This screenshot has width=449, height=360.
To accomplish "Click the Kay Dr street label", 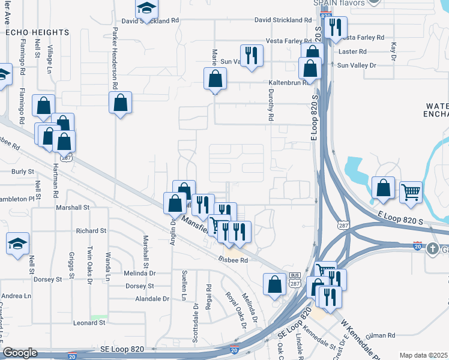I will click(x=394, y=52).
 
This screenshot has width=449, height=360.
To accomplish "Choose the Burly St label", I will click(x=22, y=172).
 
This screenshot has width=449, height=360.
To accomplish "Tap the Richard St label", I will click(x=91, y=230).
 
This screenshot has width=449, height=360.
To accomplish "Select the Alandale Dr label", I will click(x=153, y=299).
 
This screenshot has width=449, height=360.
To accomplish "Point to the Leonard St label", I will click(x=89, y=323).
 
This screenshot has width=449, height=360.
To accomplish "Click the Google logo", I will click(x=20, y=353).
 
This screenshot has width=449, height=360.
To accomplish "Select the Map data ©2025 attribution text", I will click(x=423, y=355).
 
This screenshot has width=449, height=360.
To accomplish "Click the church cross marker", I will click(x=433, y=249).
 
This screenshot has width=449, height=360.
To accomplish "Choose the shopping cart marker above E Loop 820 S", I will click(x=411, y=192).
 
